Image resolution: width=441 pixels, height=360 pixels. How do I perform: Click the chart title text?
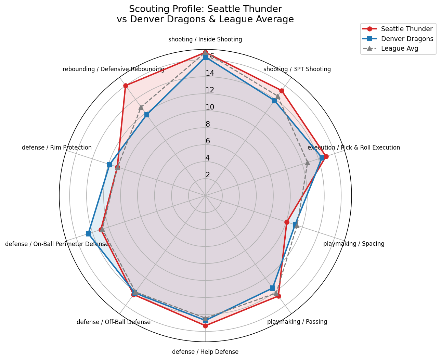click(x=205, y=14)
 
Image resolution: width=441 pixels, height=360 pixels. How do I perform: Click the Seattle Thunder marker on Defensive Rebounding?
click(x=126, y=86)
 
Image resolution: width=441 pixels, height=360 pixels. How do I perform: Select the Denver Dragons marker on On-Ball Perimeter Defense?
click(x=88, y=234)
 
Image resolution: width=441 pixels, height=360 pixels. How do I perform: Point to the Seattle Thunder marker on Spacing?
click(x=287, y=222)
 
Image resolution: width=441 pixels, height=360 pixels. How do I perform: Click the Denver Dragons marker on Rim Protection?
click(x=109, y=165)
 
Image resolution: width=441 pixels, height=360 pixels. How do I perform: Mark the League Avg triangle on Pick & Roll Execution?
click(x=308, y=163)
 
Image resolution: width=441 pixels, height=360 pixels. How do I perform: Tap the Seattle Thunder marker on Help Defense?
click(x=205, y=326)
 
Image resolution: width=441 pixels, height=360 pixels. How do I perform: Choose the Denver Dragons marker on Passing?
click(x=273, y=288)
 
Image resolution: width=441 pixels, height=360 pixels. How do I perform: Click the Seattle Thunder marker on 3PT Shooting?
click(x=282, y=91)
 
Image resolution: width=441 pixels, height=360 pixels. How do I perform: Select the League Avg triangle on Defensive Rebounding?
click(x=141, y=107)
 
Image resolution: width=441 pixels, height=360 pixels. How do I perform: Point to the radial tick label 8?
click(x=208, y=124)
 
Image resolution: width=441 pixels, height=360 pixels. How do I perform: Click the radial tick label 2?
click(x=208, y=175)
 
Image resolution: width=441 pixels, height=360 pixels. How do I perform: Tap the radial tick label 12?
click(x=210, y=90)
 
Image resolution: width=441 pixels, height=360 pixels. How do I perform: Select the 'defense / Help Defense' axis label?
click(x=205, y=352)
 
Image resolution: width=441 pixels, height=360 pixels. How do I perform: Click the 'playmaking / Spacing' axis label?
click(x=354, y=244)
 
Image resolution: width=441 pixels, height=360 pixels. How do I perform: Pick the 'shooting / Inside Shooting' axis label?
click(x=205, y=39)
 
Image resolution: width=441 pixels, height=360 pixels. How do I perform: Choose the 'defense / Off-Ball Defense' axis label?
click(x=114, y=322)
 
